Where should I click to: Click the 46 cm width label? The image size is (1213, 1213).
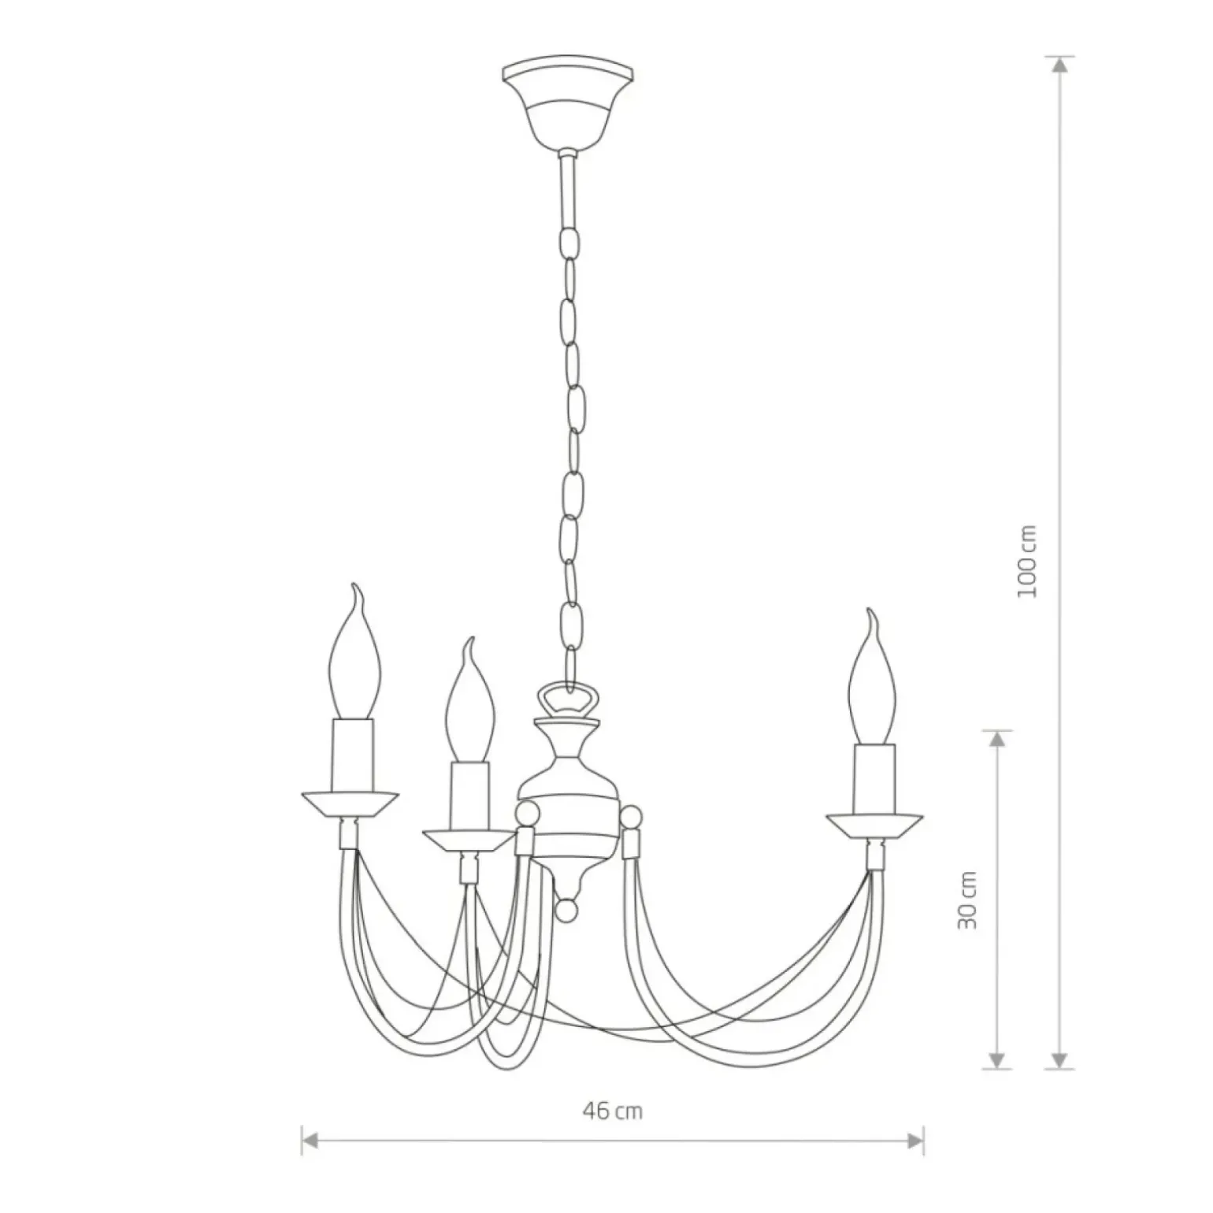pyautogui.click(x=613, y=1111)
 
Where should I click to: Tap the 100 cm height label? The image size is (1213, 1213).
pyautogui.click(x=1027, y=561)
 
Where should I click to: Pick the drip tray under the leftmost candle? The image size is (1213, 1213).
pyautogui.click(x=350, y=804)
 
